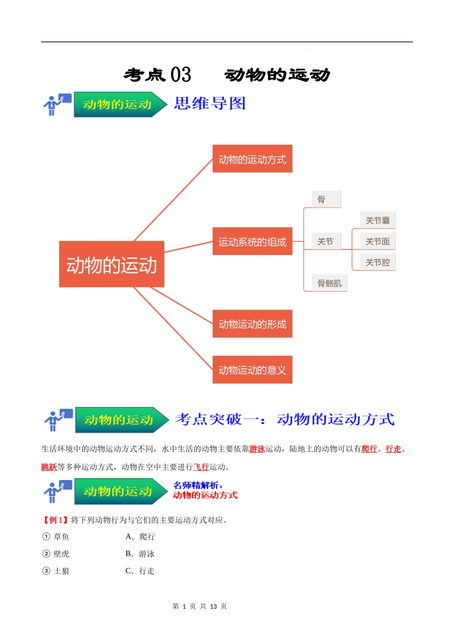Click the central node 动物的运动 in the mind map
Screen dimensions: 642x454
tap(111, 264)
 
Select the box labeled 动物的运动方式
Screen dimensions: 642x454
tap(252, 159)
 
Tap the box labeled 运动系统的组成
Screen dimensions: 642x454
tap(252, 241)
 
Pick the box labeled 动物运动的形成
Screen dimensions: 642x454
tap(252, 324)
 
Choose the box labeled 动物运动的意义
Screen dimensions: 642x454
tap(252, 370)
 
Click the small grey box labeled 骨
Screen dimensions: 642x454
tap(326, 199)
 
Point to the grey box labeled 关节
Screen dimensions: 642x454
tap(326, 241)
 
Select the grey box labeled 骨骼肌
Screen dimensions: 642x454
tap(330, 283)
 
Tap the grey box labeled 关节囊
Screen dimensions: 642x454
tap(378, 220)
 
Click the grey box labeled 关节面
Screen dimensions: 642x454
tap(378, 241)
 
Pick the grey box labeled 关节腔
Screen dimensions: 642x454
tap(378, 262)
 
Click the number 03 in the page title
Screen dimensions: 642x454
tap(181, 75)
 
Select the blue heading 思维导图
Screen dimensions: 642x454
tap(210, 103)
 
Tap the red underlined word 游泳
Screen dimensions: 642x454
tap(257, 449)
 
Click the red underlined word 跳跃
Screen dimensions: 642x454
tap(49, 467)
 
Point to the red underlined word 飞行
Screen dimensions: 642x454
tap(201, 467)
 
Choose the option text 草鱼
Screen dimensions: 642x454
tap(61, 537)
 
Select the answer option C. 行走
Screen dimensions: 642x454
tap(140, 571)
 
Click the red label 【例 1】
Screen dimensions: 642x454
tap(55, 520)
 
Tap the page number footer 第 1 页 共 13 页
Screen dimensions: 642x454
tap(200, 606)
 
